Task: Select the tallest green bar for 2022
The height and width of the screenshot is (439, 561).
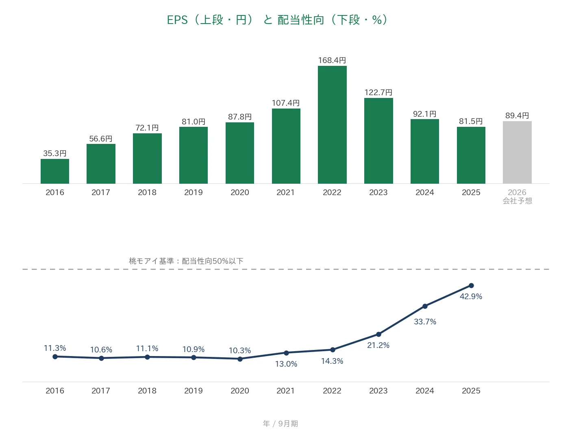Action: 332,125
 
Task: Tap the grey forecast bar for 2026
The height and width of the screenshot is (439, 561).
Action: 517,152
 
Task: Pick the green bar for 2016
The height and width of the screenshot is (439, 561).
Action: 55,171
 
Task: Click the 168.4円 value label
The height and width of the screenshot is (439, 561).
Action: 332,60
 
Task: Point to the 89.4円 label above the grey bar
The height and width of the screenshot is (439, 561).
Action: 517,115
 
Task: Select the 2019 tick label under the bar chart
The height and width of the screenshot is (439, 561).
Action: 194,192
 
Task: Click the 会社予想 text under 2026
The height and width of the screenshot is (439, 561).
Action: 517,201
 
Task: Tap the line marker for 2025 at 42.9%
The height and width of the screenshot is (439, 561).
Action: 471,285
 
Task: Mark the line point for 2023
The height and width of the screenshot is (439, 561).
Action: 378,334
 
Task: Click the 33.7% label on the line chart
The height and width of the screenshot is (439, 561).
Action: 425,322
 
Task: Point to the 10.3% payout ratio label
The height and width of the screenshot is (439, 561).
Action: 240,350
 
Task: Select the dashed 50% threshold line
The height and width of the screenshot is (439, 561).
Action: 286,269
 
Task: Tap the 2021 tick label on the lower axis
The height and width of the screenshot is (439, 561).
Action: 285,391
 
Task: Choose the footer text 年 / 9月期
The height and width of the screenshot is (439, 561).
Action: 280,424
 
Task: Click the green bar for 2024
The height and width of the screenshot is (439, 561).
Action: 425,151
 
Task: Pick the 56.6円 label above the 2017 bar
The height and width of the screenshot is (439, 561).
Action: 101,139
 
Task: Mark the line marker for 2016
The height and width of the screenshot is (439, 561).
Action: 55,356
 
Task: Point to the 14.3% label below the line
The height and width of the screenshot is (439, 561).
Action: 332,361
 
